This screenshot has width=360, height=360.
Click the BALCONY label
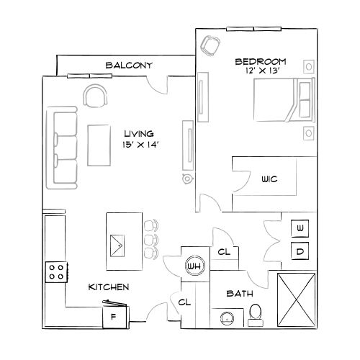pos(130,66)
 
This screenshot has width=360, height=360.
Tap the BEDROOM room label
pos(261,62)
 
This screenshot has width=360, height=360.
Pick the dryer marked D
pos(300,251)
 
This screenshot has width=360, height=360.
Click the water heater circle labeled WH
pos(194,266)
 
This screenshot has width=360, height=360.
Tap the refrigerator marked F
pos(113,315)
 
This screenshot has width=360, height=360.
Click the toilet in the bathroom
pos(255,313)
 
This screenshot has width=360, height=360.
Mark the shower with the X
pos(296,301)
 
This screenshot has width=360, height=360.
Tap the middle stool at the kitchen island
pos(150,238)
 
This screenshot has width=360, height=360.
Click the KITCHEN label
pos(109,287)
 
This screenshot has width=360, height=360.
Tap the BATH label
pos(238,294)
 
